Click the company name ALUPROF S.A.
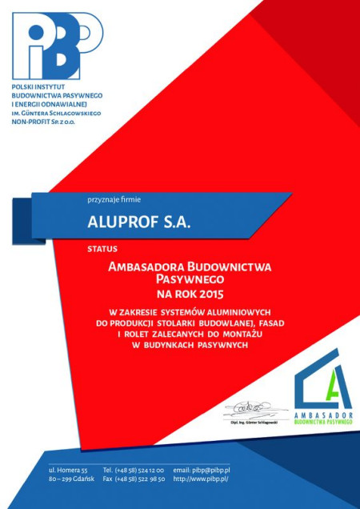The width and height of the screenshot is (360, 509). [x=139, y=222]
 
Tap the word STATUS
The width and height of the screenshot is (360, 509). [x=102, y=249]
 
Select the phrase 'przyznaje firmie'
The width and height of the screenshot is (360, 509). [x=114, y=198]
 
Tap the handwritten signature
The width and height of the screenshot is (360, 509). [x=254, y=411]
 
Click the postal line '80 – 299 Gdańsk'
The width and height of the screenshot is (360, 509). [x=73, y=479]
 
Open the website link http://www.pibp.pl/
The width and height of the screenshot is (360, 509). [x=201, y=479]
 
